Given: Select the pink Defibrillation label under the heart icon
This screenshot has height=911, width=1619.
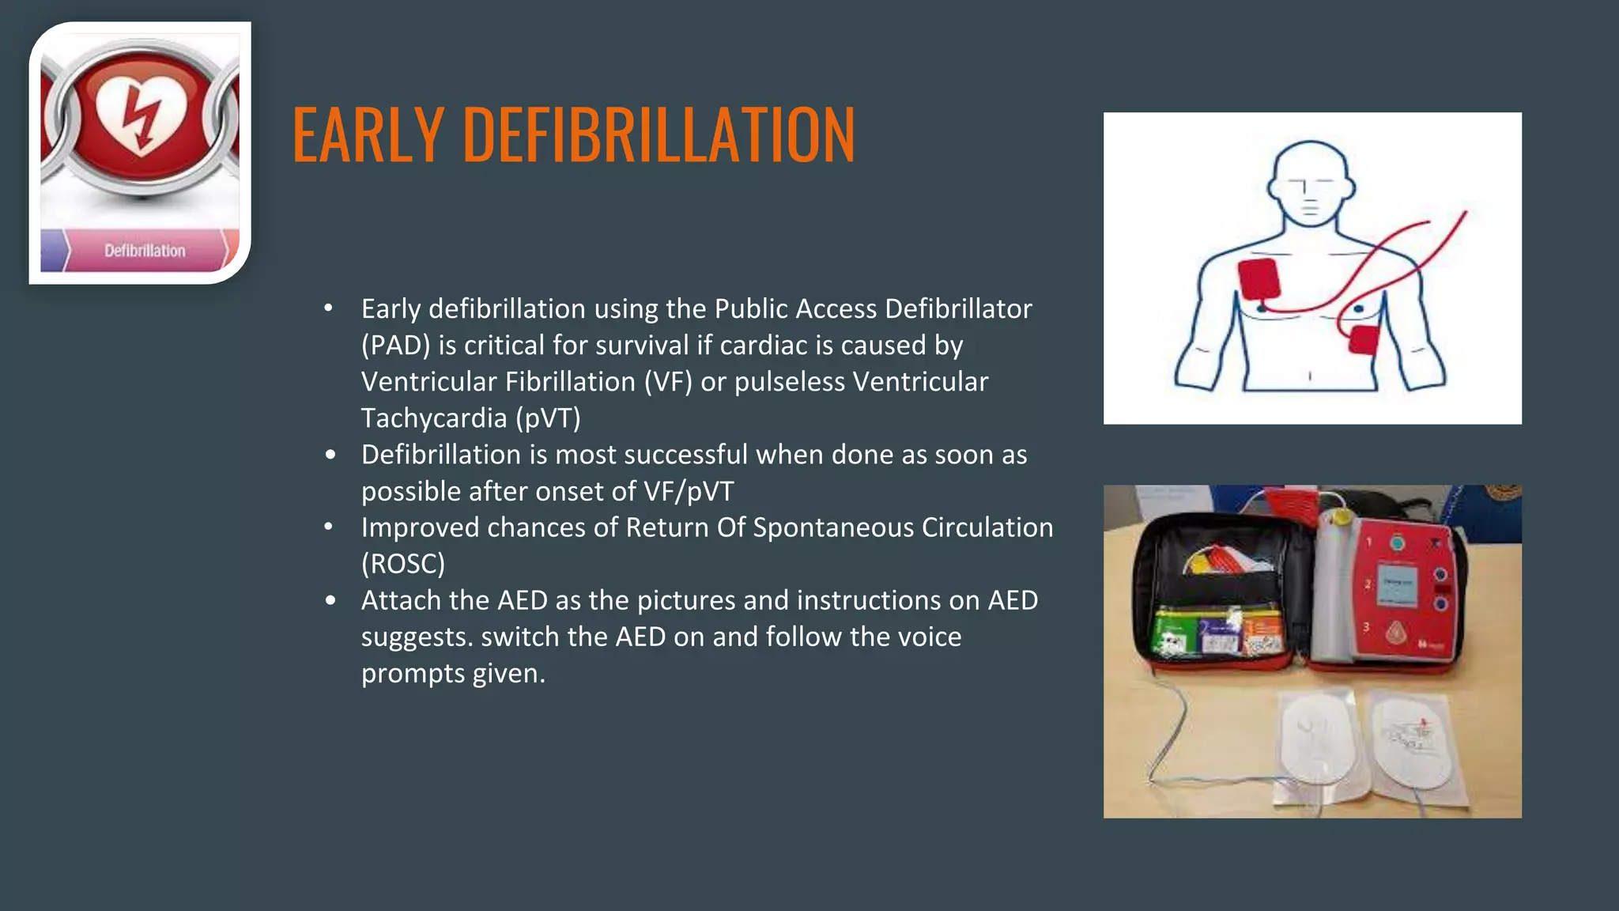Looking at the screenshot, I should pos(145,251).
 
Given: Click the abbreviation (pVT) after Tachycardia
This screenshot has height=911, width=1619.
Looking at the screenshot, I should pos(549,418).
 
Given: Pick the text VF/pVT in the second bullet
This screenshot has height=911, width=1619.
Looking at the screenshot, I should pos(689,491).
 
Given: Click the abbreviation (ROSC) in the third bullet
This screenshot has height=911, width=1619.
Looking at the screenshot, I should pos(403,564).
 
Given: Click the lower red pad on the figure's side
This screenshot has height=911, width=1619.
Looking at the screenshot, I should pos(1364,340).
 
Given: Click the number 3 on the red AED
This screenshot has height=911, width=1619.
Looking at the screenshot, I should pos(1366,627).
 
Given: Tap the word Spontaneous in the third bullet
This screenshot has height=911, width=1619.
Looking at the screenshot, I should pos(833,527).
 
